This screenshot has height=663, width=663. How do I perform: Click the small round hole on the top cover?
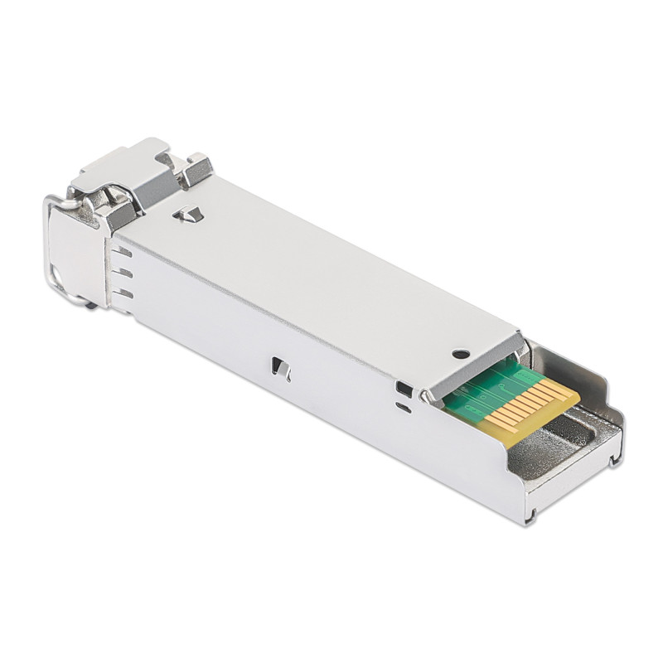pos(457,354)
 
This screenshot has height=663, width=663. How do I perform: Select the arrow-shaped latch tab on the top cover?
pos(189,215)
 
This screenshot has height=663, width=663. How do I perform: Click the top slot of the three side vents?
pos(122,250)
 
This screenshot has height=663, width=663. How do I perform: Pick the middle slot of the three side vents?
pos(123,272)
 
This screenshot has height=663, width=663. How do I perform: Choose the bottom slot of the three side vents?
pos(123,293)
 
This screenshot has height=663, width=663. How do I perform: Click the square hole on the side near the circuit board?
pos(404,389)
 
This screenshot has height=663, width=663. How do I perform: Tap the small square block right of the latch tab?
pos(197,170)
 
